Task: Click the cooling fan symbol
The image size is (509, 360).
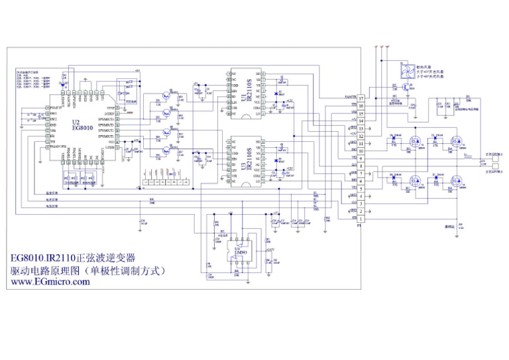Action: [404, 71]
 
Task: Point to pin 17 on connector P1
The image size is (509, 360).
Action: [361, 98]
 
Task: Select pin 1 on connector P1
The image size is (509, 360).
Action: [361, 219]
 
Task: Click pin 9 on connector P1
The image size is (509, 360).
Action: [361, 158]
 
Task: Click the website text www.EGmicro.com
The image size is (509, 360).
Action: [48, 282]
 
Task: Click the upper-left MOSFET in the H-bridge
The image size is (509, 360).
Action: [416, 141]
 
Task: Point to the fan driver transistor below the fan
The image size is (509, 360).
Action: [406, 86]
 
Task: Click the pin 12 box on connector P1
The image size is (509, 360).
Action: [361, 136]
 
